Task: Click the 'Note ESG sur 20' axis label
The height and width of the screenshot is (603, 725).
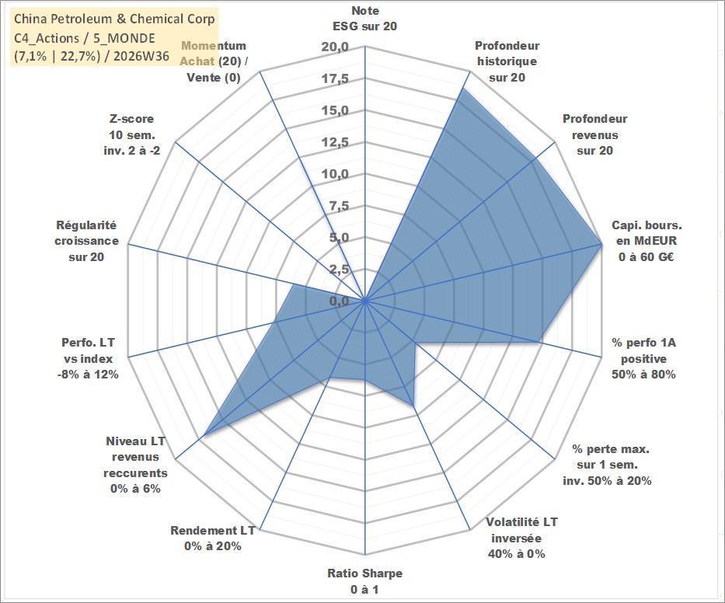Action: [364, 19]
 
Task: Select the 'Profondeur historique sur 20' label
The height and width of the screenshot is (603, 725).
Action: [507, 61]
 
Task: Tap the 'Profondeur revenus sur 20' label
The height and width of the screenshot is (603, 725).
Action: [594, 134]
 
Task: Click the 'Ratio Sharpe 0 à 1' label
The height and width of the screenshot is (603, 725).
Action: [364, 581]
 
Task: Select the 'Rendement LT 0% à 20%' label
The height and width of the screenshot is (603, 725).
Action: [213, 539]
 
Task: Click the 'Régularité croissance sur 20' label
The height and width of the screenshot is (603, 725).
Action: [86, 241]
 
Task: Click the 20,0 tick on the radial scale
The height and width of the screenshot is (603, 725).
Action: [335, 47]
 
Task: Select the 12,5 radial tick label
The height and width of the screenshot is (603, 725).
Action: [335, 142]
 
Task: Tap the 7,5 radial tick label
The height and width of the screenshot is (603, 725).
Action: [339, 206]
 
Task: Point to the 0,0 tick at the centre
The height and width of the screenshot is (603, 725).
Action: [339, 301]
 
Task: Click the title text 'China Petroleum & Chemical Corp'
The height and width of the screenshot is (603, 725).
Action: [114, 19]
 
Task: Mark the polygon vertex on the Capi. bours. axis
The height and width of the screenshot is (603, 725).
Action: [601, 244]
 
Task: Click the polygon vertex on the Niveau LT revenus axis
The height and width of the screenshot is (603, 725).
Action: [204, 434]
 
